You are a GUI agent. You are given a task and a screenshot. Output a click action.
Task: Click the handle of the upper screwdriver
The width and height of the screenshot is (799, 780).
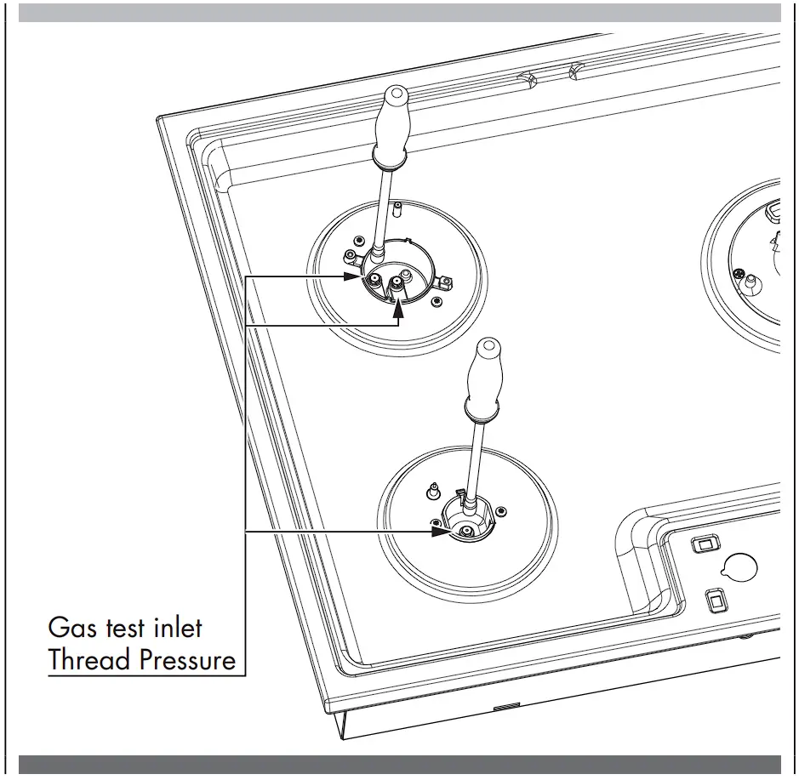click(395, 122)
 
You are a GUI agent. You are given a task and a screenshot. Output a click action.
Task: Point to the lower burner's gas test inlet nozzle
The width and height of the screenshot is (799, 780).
click(465, 531)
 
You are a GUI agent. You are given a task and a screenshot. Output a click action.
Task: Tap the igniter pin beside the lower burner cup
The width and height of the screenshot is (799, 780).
click(433, 491)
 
